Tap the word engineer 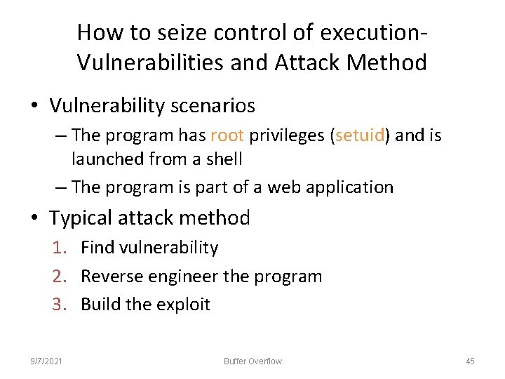pos(182,276)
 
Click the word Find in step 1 pos(95,248)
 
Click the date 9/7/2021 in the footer pos(46,361)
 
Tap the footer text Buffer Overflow pos(252,361)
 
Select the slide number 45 pos(470,361)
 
